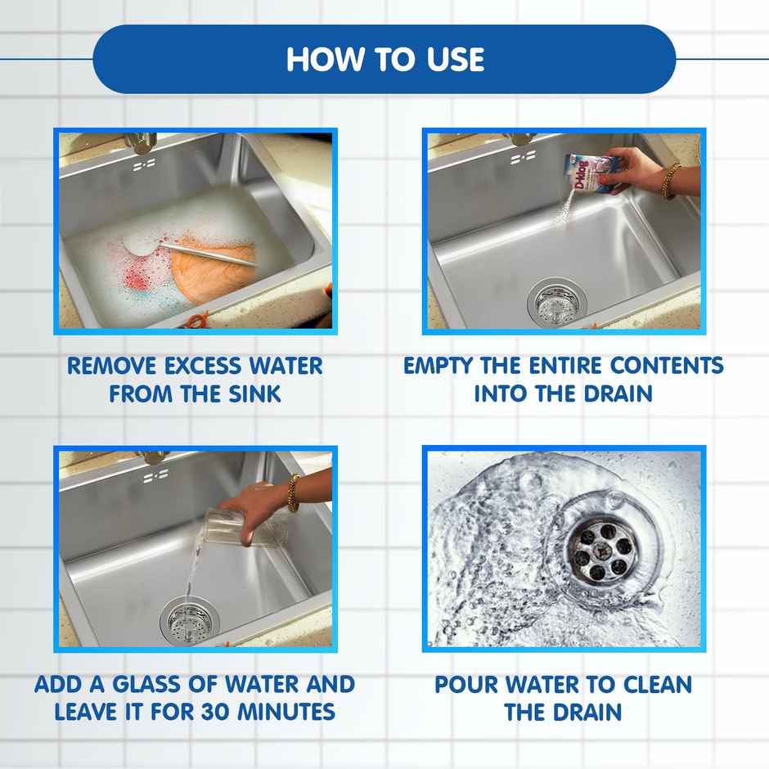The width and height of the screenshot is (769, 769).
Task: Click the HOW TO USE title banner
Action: click(x=384, y=59)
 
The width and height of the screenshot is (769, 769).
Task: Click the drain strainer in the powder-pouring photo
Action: click(x=556, y=301)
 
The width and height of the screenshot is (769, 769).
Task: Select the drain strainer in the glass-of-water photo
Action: click(x=189, y=621)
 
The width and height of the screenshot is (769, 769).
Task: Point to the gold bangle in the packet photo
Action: click(x=671, y=181)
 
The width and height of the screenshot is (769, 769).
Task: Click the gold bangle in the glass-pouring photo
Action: click(x=293, y=492)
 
